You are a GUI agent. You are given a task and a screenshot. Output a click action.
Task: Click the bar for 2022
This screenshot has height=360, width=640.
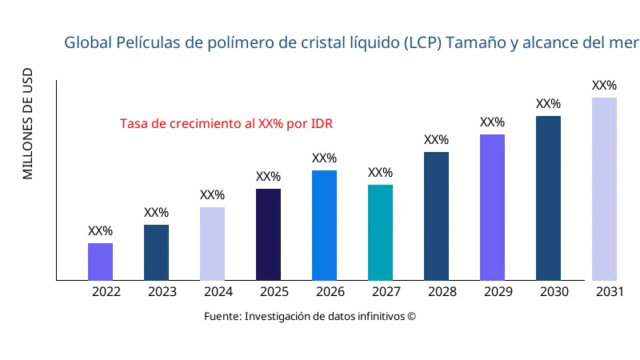point(100,262)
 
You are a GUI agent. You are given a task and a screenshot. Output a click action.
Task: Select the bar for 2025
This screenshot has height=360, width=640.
point(268,234)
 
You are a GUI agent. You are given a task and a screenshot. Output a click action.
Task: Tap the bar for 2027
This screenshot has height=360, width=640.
point(380,232)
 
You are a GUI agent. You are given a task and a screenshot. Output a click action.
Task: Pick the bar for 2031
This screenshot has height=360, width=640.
point(604,189)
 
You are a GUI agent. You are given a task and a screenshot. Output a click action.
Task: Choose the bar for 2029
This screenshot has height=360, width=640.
point(492,207)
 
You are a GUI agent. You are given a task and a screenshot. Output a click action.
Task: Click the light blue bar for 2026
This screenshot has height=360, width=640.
point(324,225)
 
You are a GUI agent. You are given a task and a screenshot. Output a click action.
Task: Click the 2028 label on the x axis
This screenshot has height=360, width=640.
point(442,292)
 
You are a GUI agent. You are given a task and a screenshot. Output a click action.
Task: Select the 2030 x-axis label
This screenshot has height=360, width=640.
point(554,292)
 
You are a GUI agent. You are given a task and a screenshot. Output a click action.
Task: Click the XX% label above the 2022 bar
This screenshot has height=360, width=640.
point(100,231)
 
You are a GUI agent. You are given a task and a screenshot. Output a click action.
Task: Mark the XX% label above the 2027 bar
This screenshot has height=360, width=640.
point(380,173)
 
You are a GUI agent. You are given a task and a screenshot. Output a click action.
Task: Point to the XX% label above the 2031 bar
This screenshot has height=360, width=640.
point(604,86)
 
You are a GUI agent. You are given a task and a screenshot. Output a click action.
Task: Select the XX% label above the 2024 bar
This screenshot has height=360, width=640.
point(212,195)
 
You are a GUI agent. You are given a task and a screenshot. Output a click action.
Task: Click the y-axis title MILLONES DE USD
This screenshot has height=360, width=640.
point(28,124)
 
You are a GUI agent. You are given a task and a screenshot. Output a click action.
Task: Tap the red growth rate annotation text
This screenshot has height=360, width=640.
point(226,124)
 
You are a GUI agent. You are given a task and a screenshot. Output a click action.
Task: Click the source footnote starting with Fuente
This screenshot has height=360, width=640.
point(310,316)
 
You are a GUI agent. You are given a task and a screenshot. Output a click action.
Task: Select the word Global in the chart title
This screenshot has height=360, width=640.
point(90,42)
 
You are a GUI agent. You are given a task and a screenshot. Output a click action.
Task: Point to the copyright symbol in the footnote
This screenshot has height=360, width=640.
point(411,316)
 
